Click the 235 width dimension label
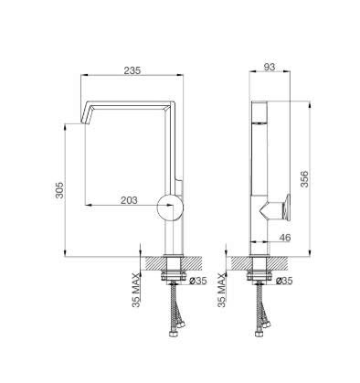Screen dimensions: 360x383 coord(132,70)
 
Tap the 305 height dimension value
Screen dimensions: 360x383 coord(59,190)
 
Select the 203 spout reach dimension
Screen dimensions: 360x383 coord(129,200)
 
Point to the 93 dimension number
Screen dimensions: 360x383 coord(270,67)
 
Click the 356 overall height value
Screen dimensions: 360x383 coord(304,179)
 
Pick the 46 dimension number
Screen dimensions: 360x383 coord(285,238)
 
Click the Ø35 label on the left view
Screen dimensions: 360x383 coord(198,281)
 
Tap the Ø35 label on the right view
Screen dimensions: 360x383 coord(284,281)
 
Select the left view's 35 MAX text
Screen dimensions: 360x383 coord(137,290)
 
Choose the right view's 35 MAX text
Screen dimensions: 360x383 coord(223,290)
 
